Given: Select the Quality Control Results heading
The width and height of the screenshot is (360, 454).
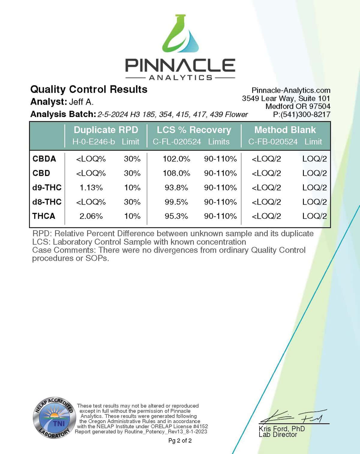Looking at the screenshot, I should pyautogui.click(x=89, y=89).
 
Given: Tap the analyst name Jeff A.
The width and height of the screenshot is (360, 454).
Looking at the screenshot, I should pyautogui.click(x=81, y=102).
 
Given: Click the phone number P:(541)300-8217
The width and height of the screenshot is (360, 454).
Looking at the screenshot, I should pyautogui.click(x=301, y=114).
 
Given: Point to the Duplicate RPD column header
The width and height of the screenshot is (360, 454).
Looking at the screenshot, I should pyautogui.click(x=106, y=130).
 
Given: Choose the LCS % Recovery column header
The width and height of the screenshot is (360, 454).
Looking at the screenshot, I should pyautogui.click(x=194, y=130).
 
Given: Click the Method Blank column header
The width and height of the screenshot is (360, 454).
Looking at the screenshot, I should pyautogui.click(x=285, y=130).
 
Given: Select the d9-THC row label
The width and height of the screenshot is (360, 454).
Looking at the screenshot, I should pyautogui.click(x=47, y=188).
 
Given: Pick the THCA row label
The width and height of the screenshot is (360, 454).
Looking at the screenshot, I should pyautogui.click(x=44, y=216).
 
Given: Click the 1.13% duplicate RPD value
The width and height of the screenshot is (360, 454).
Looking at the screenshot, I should pyautogui.click(x=91, y=188).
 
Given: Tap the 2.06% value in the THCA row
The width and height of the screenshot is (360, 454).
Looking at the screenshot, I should pyautogui.click(x=91, y=216).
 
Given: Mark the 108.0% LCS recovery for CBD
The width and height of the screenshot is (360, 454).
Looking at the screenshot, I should pyautogui.click(x=176, y=173).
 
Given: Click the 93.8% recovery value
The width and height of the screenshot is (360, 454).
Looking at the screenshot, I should pyautogui.click(x=176, y=188).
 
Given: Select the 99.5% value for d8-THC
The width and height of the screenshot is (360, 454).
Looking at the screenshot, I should pyautogui.click(x=176, y=202).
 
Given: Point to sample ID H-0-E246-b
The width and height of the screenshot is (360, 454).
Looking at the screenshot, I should pyautogui.click(x=94, y=142).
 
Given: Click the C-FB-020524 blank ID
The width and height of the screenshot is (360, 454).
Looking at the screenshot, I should pyautogui.click(x=273, y=142).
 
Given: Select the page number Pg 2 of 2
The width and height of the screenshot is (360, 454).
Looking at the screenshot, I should pyautogui.click(x=180, y=440).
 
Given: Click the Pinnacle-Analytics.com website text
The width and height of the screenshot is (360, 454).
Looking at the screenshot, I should pyautogui.click(x=291, y=90).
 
